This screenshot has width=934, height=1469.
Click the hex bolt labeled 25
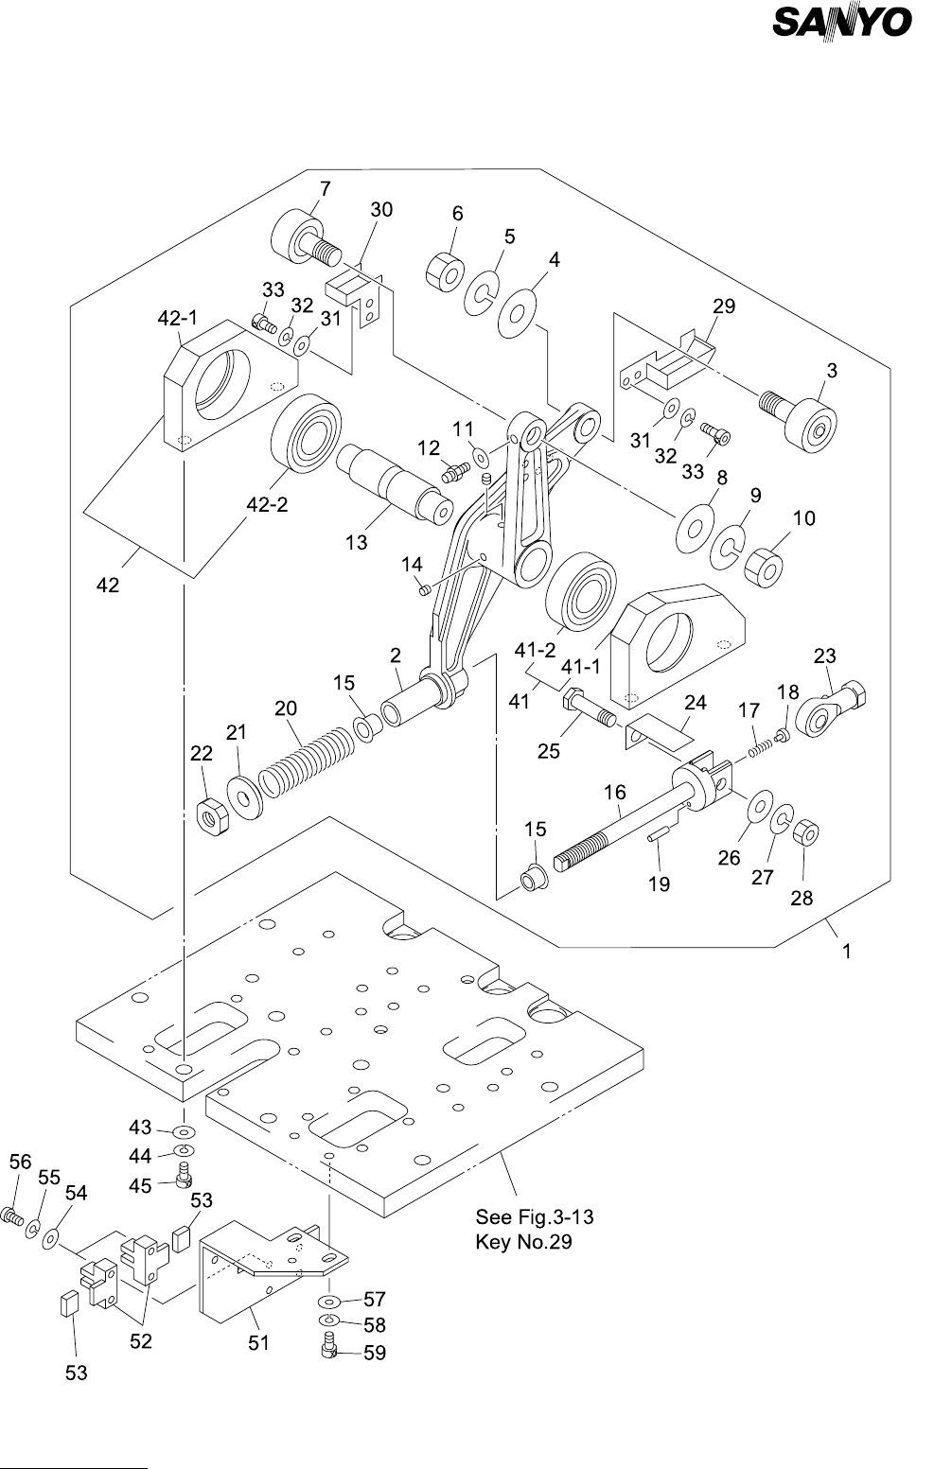click(587, 710)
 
